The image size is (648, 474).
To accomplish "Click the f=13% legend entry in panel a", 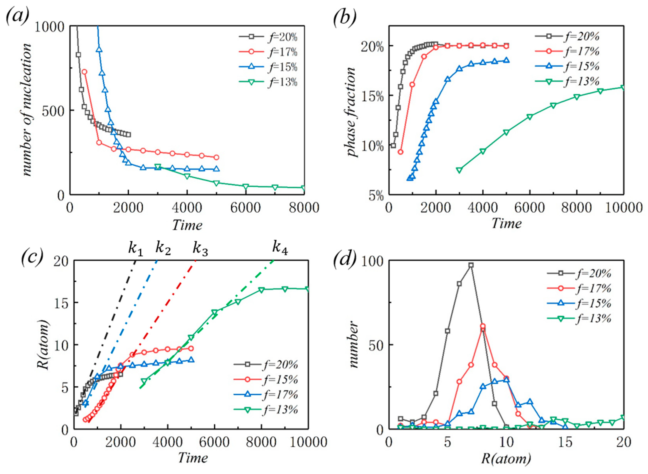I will pyautogui.click(x=268, y=82).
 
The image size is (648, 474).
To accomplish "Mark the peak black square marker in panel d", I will pyautogui.click(x=471, y=265).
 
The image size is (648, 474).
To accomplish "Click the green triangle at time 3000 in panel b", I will pyautogui.click(x=459, y=170).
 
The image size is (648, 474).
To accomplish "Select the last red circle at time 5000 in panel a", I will pyautogui.click(x=216, y=157).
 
